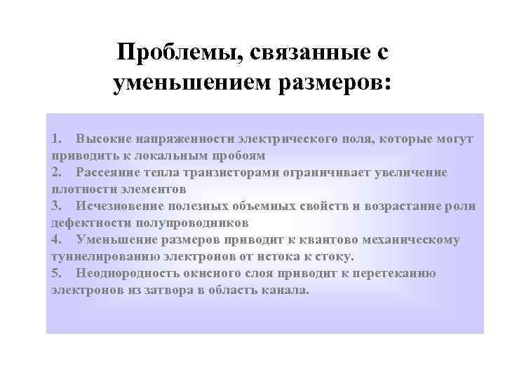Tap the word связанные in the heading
click(300, 52)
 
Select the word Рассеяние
click(109, 172)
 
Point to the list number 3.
click(56, 206)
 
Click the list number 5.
click(56, 273)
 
